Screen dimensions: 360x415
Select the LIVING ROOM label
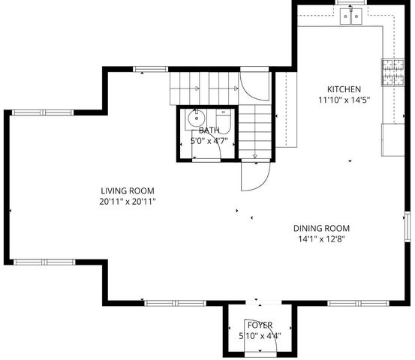131,191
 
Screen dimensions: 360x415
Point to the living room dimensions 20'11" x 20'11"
131,202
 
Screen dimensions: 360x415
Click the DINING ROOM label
321,229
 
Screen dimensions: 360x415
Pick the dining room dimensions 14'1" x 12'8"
321,240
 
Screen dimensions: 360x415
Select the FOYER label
260,325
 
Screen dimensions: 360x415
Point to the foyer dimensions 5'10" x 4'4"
260,335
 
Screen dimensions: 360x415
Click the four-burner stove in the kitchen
392,71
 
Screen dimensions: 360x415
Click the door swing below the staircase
255,177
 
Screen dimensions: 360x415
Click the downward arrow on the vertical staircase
255,156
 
